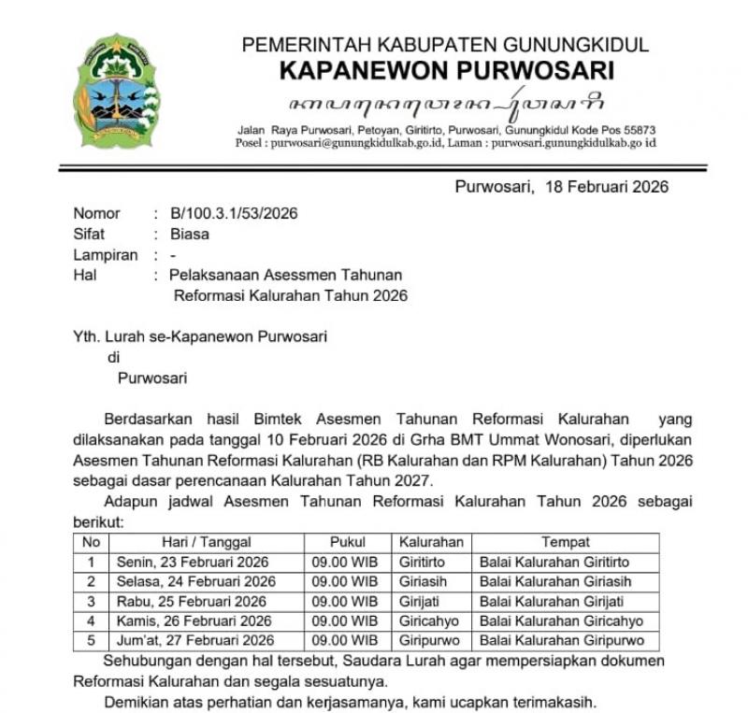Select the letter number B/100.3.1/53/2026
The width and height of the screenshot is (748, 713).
pyautogui.click(x=234, y=213)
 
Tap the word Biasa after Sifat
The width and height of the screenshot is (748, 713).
pyautogui.click(x=190, y=234)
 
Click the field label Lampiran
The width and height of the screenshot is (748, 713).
pyautogui.click(x=106, y=254)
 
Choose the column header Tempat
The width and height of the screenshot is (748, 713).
pyautogui.click(x=565, y=542)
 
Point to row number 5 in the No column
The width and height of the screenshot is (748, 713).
pyautogui.click(x=91, y=640)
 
